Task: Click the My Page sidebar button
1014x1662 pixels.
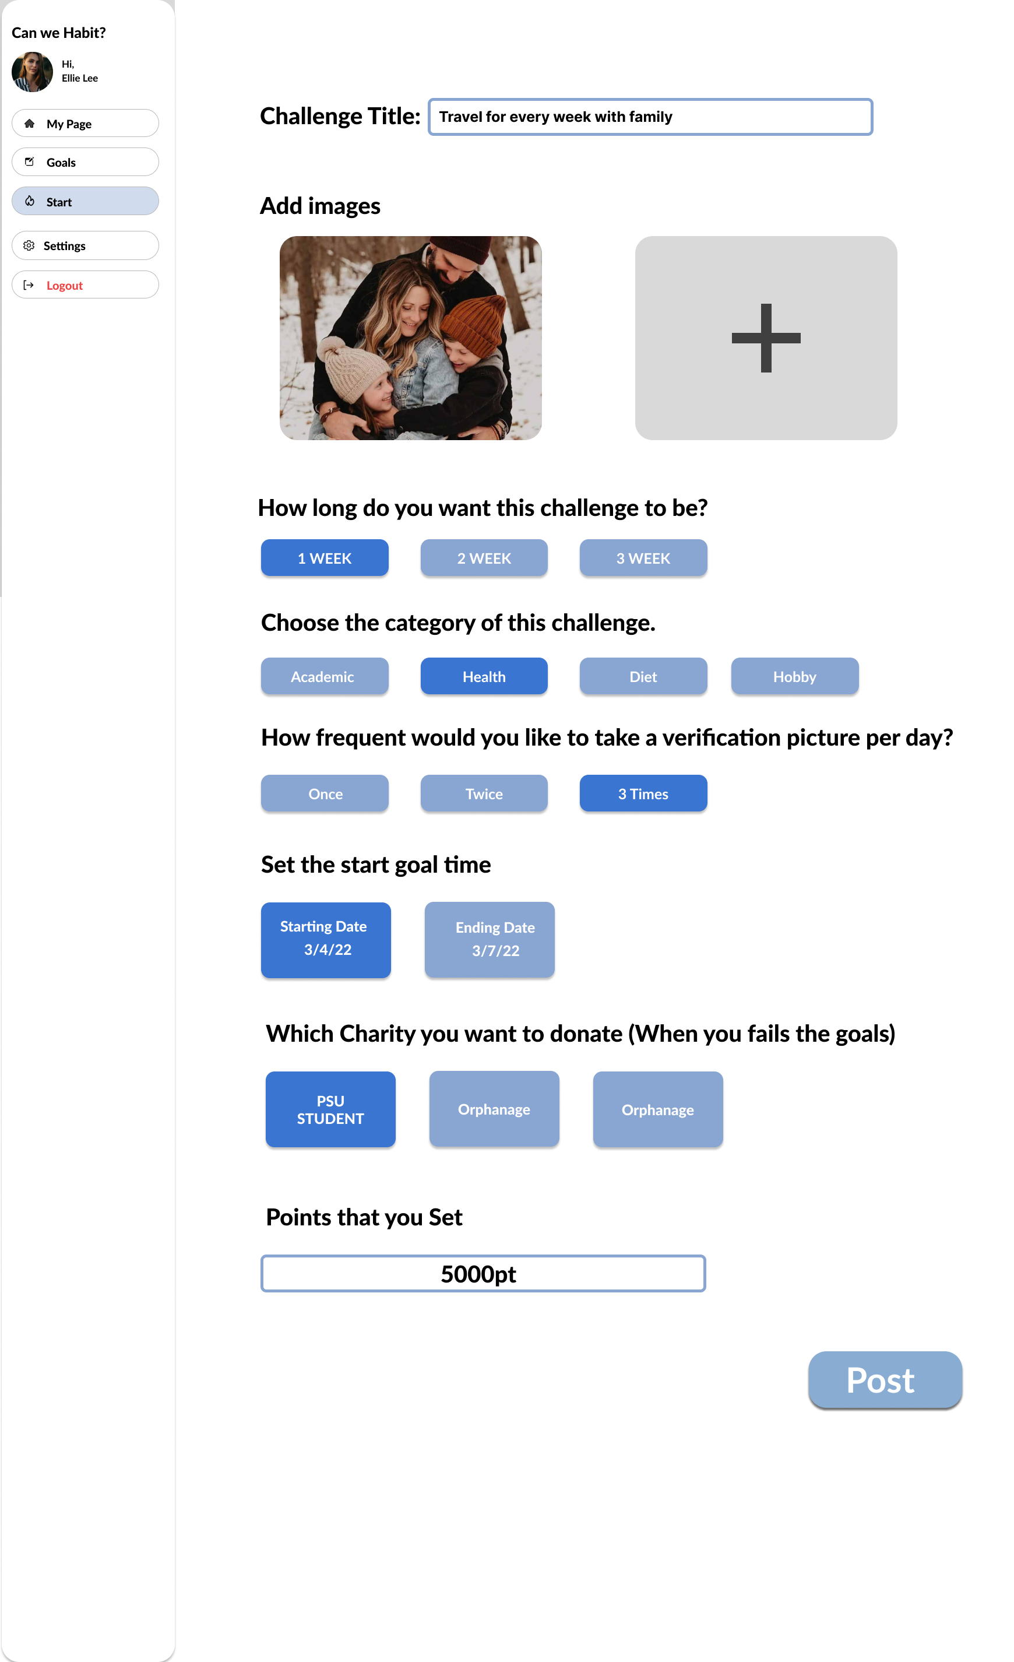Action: point(85,124)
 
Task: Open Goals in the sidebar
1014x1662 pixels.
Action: point(85,162)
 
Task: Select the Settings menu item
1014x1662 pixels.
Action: point(85,245)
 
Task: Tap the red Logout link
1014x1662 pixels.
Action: point(65,285)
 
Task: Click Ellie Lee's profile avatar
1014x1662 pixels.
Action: point(33,72)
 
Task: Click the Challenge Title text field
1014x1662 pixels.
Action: point(650,117)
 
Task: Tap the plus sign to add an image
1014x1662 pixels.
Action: point(766,338)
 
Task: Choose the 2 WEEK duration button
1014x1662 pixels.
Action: point(484,558)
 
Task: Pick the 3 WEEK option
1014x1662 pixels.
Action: point(643,558)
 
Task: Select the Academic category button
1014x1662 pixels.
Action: point(324,676)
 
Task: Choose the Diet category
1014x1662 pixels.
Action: point(643,676)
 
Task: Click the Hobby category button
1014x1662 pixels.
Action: point(795,676)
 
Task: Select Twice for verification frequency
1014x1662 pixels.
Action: point(484,793)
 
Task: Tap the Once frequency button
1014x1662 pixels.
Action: point(324,793)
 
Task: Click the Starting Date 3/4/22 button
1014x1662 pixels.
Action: point(326,940)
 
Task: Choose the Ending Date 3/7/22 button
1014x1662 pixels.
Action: point(490,940)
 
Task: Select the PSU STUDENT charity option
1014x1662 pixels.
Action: point(330,1109)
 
